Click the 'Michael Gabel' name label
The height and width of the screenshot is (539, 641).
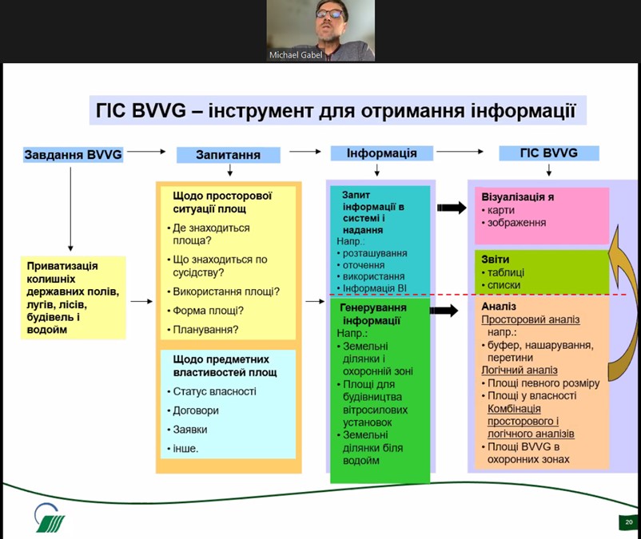[x=296, y=55]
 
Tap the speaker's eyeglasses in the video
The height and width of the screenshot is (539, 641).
[x=329, y=14]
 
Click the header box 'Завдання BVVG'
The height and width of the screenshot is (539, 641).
[x=74, y=155]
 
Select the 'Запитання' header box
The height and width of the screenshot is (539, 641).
[x=228, y=155]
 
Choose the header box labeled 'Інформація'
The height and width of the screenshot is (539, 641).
[x=381, y=153]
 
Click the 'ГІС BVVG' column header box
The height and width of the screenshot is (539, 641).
[x=548, y=153]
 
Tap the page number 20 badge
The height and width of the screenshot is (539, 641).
[x=628, y=522]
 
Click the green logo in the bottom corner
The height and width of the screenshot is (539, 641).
[x=50, y=517]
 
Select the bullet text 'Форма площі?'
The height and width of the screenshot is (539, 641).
[x=208, y=311]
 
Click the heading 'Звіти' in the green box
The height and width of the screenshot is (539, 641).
[x=495, y=260]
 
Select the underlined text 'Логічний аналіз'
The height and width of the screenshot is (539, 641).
[x=520, y=370]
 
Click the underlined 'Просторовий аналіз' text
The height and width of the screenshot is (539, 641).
[x=530, y=319]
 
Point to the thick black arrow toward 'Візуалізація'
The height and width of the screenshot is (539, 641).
[x=452, y=208]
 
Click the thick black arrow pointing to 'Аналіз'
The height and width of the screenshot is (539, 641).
[x=444, y=311]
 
